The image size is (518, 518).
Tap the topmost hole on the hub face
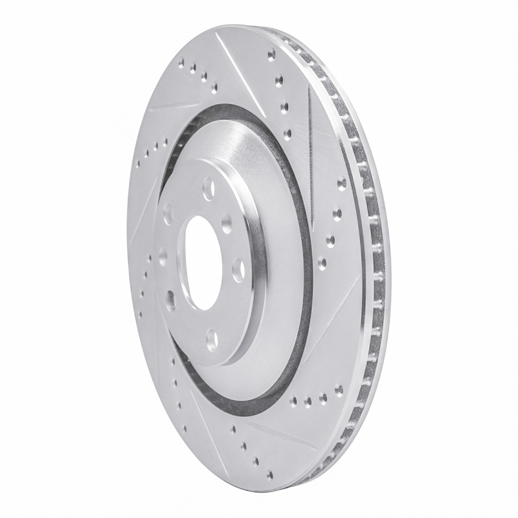(x=208, y=189)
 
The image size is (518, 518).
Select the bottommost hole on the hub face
(x=211, y=337)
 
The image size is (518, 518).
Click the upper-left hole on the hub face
(x=168, y=212)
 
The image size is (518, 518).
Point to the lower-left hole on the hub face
(x=171, y=299)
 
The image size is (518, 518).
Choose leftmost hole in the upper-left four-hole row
(x=179, y=63)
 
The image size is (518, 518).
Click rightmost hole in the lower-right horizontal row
(x=338, y=390)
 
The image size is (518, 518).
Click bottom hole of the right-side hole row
(x=322, y=263)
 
